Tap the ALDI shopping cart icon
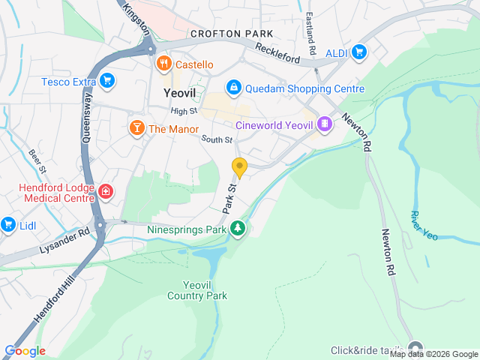(359, 52)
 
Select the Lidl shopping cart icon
(8, 224)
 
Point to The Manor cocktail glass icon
(136, 128)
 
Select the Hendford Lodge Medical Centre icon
(106, 192)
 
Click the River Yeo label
(423, 225)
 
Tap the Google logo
(25, 351)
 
